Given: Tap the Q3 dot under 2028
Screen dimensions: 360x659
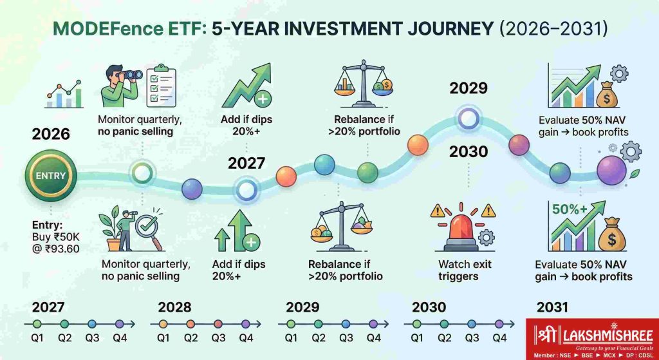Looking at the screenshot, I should point(218,324).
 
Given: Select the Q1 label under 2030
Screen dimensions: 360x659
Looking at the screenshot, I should point(416,337).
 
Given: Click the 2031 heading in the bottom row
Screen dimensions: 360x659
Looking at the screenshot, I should point(552,308).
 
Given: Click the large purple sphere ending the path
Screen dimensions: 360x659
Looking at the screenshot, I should point(612,170).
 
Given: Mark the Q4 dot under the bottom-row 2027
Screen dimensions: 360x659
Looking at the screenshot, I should point(120,324).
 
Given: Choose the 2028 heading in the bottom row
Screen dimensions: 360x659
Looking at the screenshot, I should point(174,308).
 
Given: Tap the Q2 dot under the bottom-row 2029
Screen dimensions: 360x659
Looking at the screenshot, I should point(318,324).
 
